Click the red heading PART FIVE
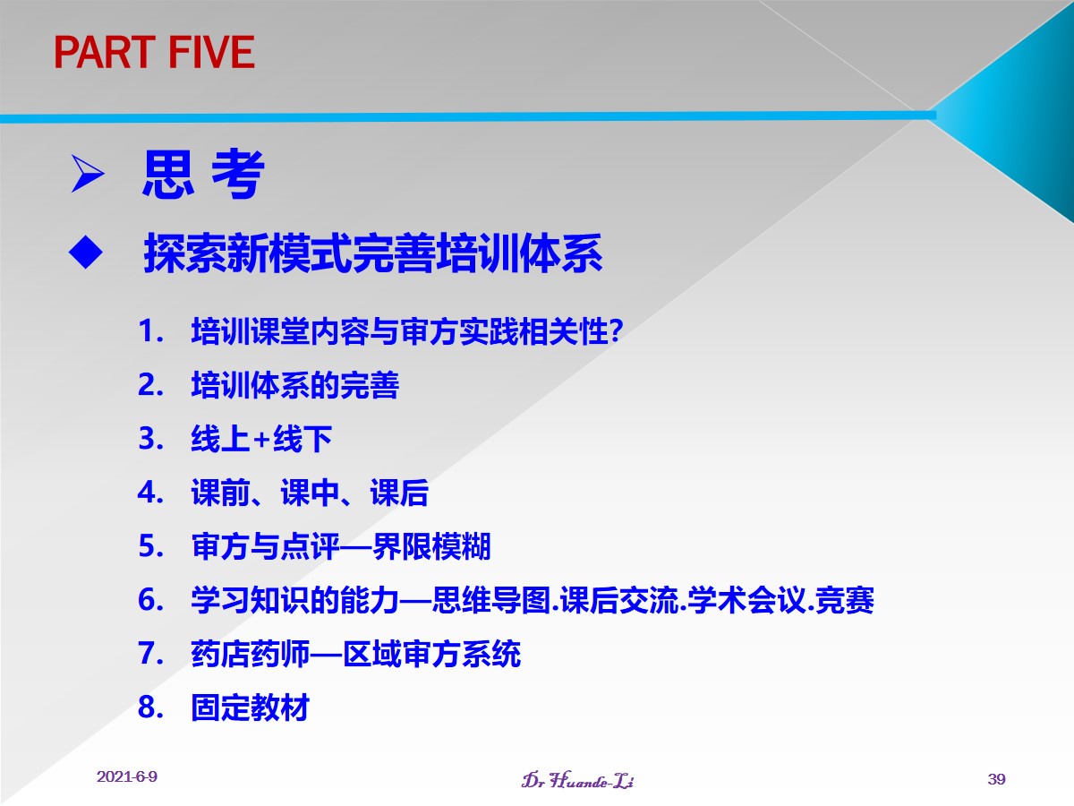tap(154, 52)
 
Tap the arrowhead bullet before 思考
tap(88, 174)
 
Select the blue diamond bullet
tap(86, 252)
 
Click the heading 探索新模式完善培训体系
tap(372, 253)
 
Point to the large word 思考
tap(203, 174)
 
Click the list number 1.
tap(150, 330)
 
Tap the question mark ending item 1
tap(616, 330)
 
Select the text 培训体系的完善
tap(295, 385)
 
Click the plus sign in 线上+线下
tap(261, 439)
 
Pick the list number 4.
tap(150, 493)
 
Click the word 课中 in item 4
tap(310, 493)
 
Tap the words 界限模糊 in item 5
tap(431, 546)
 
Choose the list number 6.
tap(150, 600)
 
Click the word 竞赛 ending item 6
tap(845, 600)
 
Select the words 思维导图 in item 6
tap(491, 600)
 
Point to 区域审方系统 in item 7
tap(431, 654)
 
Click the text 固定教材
tap(250, 707)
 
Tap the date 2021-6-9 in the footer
tap(127, 776)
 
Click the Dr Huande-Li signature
tap(577, 779)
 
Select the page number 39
tap(997, 778)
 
